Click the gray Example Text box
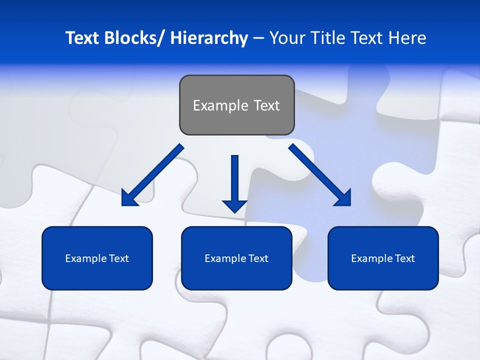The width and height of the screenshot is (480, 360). click(x=236, y=105)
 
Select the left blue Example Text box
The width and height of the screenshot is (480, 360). click(x=97, y=258)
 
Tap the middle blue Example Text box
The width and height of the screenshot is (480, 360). click(x=236, y=258)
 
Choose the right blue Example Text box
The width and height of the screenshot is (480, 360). click(x=383, y=258)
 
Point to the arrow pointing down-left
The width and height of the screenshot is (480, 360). click(x=152, y=175)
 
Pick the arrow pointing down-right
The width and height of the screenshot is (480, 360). click(x=320, y=175)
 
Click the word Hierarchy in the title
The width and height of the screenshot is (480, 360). click(x=209, y=38)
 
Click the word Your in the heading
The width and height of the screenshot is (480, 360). click(x=286, y=38)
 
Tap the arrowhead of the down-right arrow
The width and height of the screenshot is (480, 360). click(x=342, y=197)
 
